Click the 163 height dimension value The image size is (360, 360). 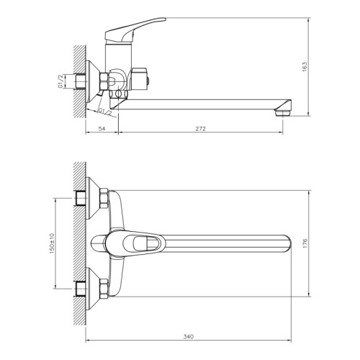(305, 67)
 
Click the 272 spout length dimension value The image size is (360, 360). (200, 129)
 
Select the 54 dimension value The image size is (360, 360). (102, 129)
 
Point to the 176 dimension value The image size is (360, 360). (305, 243)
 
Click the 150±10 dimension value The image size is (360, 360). (53, 243)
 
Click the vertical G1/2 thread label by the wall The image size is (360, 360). (60, 81)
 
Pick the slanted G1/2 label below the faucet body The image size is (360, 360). (105, 112)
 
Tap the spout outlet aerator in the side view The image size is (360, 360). (283, 113)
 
